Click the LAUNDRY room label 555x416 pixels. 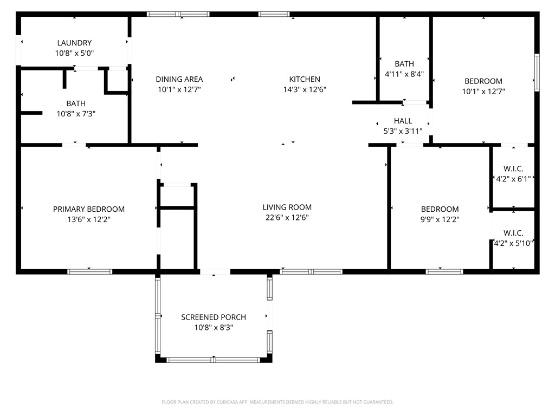tap(74, 43)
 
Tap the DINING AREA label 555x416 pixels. tap(179, 79)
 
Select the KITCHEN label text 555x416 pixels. tap(305, 79)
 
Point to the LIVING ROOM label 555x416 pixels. tap(287, 207)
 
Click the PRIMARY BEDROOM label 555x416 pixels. tap(89, 209)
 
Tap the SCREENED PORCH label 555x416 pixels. tap(214, 317)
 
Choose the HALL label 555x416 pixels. tap(403, 121)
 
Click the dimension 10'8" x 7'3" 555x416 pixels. tap(76, 114)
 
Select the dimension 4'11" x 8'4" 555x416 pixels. tap(404, 74)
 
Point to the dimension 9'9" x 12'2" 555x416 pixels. tap(440, 219)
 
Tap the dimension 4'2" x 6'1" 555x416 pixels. tap(513, 179)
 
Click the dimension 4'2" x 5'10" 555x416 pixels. tap(513, 243)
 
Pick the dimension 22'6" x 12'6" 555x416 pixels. tap(287, 218)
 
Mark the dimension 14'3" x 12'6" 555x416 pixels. tap(305, 89)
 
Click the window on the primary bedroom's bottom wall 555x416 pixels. tap(90, 272)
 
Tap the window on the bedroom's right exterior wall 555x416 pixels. tap(537, 73)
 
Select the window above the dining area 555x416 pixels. tap(178, 14)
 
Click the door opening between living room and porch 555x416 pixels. tap(215, 272)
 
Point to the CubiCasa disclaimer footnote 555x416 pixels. tap(277, 402)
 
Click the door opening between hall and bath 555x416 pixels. tap(416, 102)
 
